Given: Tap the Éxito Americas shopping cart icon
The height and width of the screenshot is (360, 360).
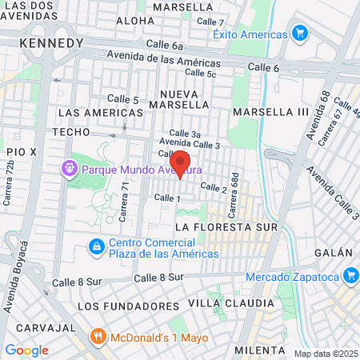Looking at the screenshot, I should (300, 34).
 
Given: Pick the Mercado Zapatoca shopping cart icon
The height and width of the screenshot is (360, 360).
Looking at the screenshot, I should (350, 277).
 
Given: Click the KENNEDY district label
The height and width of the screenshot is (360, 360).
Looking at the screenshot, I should (52, 42).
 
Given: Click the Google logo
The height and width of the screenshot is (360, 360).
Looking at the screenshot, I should (26, 350).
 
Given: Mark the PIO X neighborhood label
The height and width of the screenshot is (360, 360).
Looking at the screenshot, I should (22, 151).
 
